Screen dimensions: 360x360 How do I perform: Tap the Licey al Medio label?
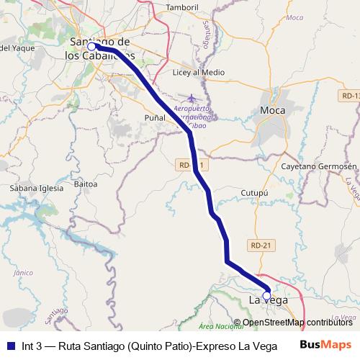199,73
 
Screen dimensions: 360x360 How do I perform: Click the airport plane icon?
191,98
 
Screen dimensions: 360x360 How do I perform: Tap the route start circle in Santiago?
91,47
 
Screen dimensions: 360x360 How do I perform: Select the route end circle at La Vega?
266,295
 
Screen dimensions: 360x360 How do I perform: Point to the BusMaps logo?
325,344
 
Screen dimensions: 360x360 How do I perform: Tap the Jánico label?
24,272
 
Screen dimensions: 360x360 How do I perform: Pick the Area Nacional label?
220,326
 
